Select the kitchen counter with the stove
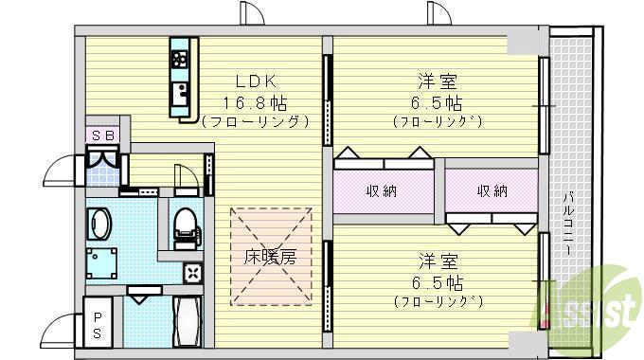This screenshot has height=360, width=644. (180, 78)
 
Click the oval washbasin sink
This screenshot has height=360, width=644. (99, 225)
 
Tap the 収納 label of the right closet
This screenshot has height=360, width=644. (492, 190)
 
